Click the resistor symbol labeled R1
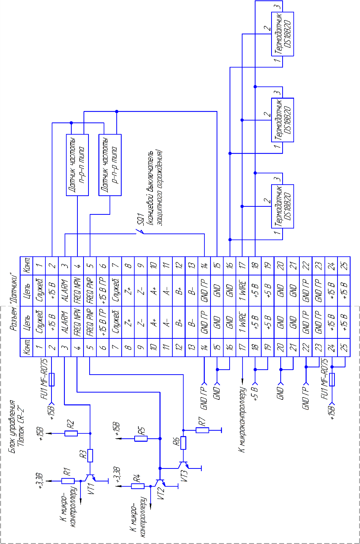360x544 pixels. point(68,474)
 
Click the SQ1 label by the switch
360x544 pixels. point(141,219)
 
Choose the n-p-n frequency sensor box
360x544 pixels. point(77,165)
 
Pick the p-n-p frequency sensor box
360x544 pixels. point(110,165)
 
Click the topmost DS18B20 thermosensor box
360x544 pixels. point(283,34)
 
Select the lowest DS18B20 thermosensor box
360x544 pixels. point(283,206)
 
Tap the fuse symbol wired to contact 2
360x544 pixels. point(52,380)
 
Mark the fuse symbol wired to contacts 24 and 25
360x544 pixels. point(332,380)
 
